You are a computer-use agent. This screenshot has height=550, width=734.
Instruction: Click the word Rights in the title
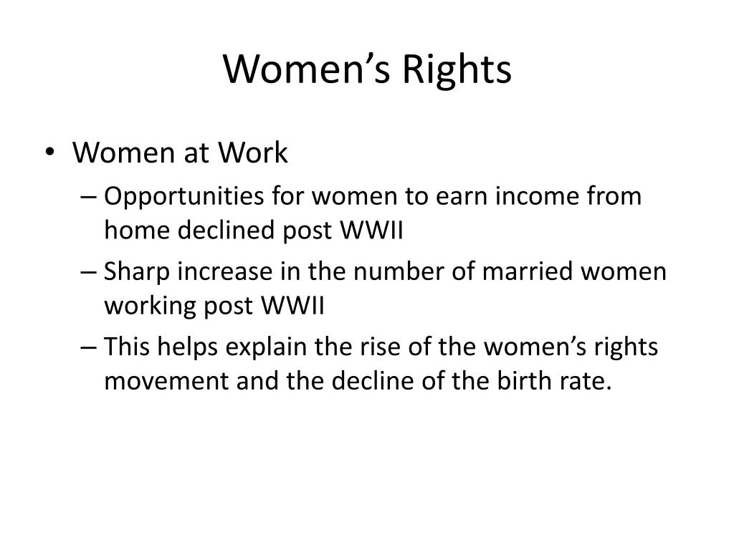(457, 70)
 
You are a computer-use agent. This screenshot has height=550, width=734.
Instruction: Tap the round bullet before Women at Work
(49, 152)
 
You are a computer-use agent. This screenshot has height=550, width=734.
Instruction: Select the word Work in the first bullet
(252, 153)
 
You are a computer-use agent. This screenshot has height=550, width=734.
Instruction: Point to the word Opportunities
(184, 196)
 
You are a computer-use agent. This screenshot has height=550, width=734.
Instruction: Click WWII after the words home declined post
(371, 230)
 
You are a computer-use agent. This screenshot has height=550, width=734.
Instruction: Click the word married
(527, 271)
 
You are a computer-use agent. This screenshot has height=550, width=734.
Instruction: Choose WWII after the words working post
(292, 306)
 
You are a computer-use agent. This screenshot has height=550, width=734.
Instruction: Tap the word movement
(166, 382)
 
